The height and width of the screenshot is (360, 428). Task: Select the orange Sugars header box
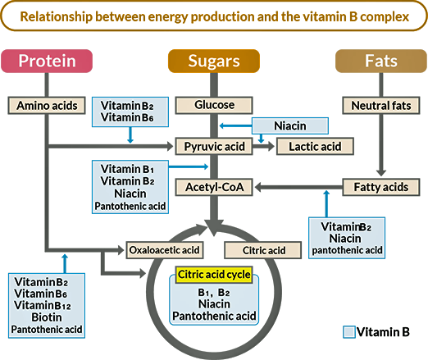[x=214, y=61]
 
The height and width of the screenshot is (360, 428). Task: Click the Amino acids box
[x=48, y=105]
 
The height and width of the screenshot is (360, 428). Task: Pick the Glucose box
[x=215, y=105]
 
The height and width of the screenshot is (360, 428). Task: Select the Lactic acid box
[x=315, y=146]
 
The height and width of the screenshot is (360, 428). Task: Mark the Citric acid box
[x=264, y=249]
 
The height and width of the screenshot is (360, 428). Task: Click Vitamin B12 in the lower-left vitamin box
[x=48, y=304]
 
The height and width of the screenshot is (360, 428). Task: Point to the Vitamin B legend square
[x=349, y=332]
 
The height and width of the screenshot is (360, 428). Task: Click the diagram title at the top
[x=214, y=16]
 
